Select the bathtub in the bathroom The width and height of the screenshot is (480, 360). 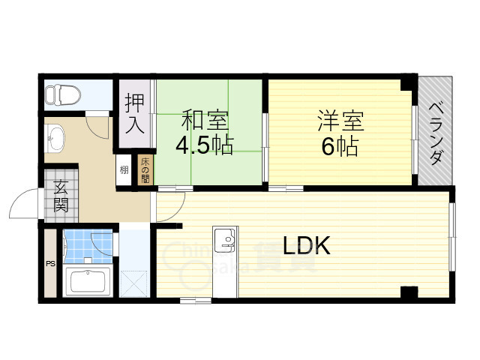[88, 282]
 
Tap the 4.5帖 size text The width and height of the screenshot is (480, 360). [204, 144]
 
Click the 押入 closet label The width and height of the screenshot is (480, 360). [135, 112]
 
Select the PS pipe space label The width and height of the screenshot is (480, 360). [51, 264]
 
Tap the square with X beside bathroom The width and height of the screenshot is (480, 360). [135, 283]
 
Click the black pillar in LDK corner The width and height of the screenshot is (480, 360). [409, 292]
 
